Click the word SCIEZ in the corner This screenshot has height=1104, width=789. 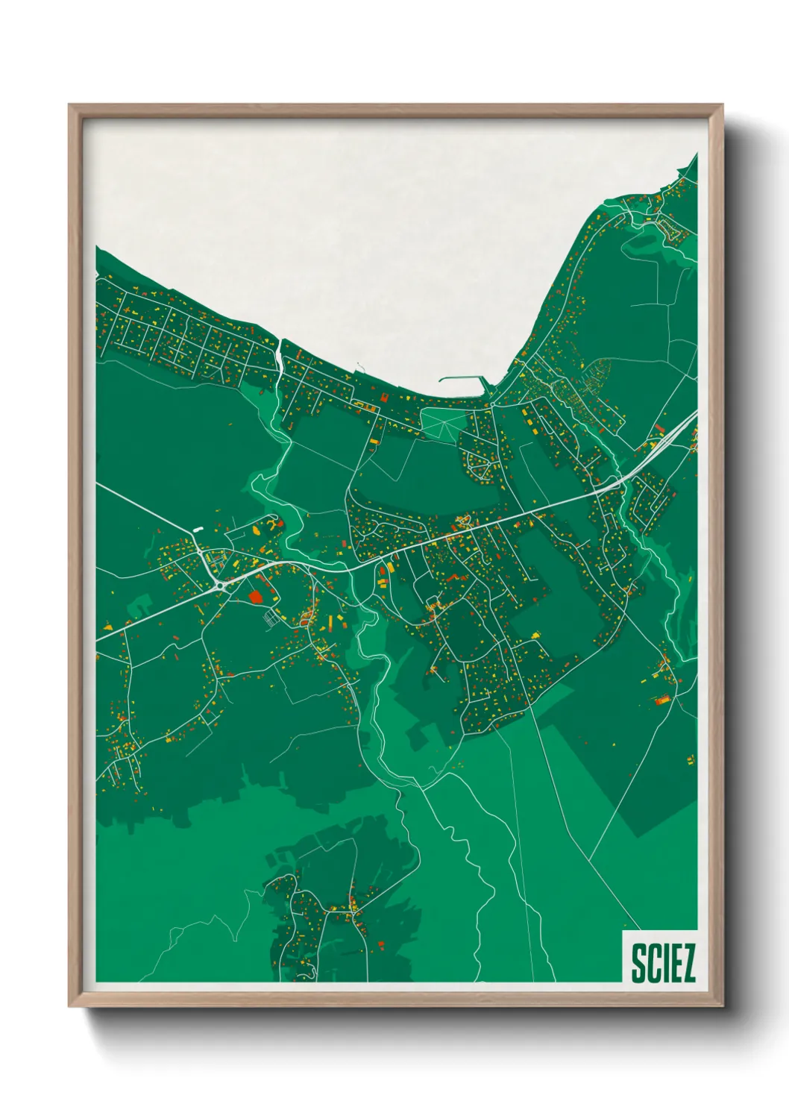663,963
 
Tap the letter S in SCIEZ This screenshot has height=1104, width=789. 638,964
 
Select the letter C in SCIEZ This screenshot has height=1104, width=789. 652,964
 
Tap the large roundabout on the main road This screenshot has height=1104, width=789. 221,586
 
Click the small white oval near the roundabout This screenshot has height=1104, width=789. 198,530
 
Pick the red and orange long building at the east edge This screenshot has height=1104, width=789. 661,700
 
